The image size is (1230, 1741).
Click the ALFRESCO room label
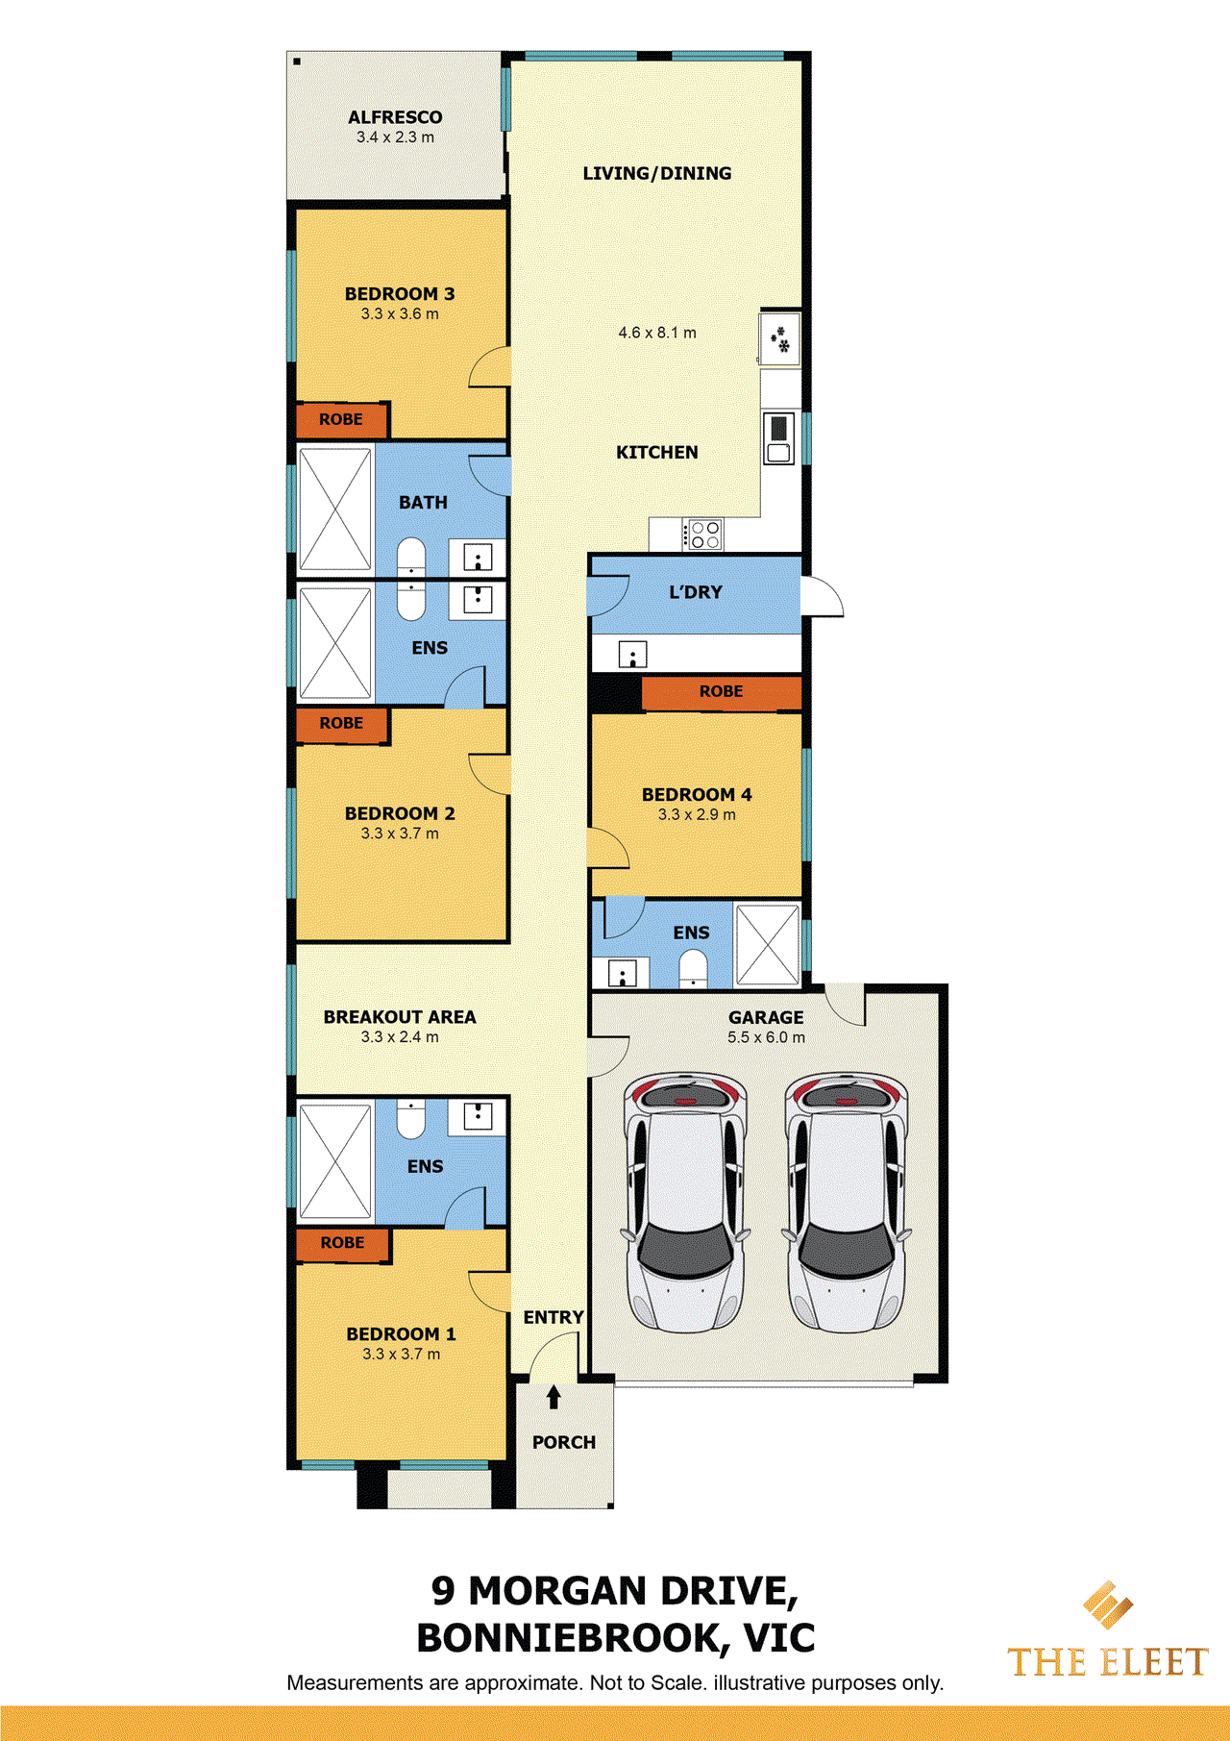(395, 117)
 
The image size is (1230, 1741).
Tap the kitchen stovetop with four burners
(703, 535)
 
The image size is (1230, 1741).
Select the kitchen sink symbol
(779, 438)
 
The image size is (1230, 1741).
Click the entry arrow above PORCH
(553, 1397)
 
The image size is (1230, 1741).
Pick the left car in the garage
(684, 1202)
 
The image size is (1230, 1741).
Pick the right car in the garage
(846, 1202)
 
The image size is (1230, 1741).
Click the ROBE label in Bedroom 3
(341, 420)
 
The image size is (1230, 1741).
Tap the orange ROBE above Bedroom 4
(721, 692)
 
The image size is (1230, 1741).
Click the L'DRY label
(696, 593)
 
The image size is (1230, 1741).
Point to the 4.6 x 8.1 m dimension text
(657, 333)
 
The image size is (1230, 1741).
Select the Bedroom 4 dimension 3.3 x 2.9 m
(697, 815)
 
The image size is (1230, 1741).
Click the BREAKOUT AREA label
(400, 1017)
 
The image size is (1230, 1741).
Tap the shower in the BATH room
(335, 510)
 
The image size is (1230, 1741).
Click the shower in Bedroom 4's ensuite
(768, 944)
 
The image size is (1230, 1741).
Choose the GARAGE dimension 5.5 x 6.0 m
(766, 1038)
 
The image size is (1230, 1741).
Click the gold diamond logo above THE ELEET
(1107, 1604)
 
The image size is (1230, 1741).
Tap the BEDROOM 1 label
(401, 1334)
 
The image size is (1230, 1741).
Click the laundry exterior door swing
(822, 597)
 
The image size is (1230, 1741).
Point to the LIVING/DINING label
(657, 174)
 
